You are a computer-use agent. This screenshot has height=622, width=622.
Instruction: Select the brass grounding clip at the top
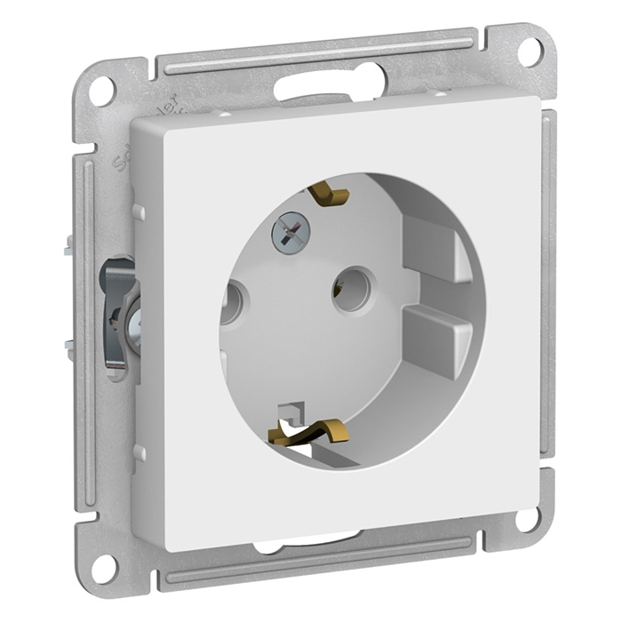(329, 193)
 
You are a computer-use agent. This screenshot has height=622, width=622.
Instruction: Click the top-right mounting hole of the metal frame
(530, 51)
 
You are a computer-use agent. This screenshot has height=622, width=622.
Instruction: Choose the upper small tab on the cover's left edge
(138, 213)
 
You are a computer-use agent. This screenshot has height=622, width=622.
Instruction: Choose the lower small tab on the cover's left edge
(138, 451)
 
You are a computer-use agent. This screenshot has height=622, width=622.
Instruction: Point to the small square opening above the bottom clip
(291, 411)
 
